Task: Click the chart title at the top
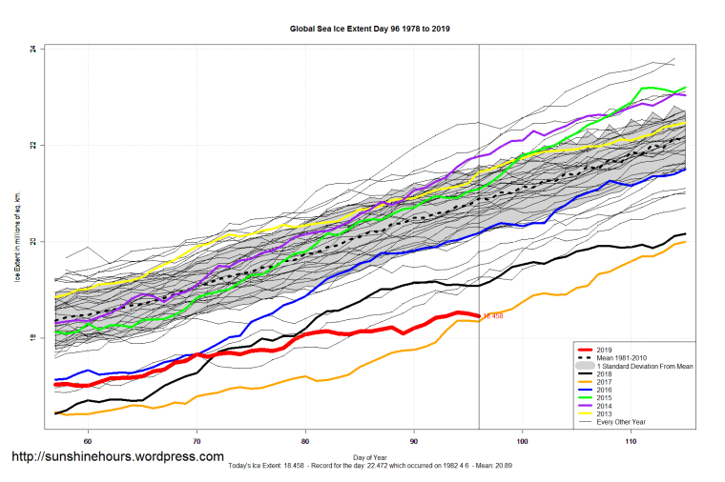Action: (x=370, y=30)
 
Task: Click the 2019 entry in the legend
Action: (x=603, y=350)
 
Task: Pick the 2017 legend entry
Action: (x=603, y=384)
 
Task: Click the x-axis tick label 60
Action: (x=88, y=440)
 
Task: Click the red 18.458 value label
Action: (x=493, y=315)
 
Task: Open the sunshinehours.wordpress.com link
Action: (x=117, y=457)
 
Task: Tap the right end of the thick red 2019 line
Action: (x=477, y=315)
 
